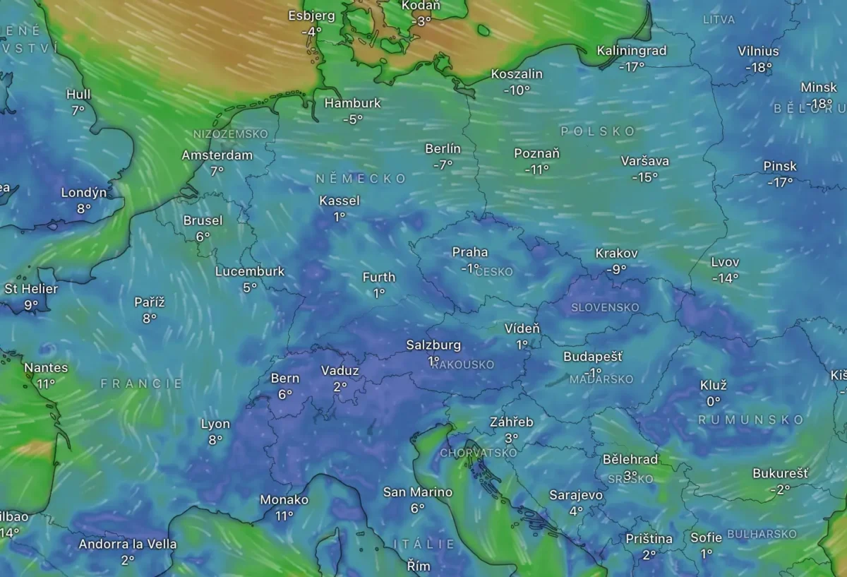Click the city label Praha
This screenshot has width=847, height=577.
[470, 252]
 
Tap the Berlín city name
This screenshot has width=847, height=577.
[443, 149]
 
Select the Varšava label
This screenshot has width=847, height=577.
[645, 161]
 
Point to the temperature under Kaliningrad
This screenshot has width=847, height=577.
[632, 67]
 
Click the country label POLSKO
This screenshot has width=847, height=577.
[599, 131]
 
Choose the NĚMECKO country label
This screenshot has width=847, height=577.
[361, 179]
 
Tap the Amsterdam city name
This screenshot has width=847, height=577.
[217, 155]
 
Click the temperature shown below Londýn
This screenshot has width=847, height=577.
[84, 208]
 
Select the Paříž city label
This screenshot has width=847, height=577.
[150, 302]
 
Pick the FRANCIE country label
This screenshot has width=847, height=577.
[141, 383]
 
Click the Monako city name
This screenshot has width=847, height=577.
[284, 500]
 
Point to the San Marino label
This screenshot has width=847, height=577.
[418, 492]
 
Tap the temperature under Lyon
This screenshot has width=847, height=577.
[215, 439]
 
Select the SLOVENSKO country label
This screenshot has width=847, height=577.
[605, 307]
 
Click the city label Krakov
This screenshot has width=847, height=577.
[617, 253]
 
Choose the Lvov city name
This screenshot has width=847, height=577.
[726, 263]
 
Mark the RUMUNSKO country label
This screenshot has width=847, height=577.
[751, 420]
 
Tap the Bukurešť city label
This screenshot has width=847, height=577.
[781, 473]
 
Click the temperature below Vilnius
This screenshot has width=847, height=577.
[759, 68]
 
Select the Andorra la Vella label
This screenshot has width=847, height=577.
[128, 545]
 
